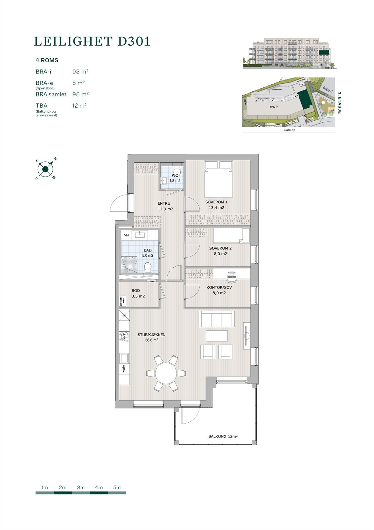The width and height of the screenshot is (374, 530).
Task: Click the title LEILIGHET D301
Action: [x=92, y=41]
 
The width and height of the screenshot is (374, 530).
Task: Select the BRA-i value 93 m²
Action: [x=80, y=72]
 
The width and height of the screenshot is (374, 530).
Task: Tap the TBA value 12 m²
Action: [x=79, y=106]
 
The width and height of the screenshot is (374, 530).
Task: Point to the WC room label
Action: [x=175, y=175]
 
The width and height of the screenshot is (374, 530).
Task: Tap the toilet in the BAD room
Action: [x=148, y=267]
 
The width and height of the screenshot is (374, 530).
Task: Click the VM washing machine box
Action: [x=126, y=235]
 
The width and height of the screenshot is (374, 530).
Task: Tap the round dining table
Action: [x=166, y=373]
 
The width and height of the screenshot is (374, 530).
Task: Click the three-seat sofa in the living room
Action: [x=217, y=319]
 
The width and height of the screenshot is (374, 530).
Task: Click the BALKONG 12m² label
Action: [x=223, y=436]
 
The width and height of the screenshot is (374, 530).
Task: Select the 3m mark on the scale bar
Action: [x=81, y=488]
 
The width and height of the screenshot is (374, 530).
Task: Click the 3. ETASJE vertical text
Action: [x=339, y=103]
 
